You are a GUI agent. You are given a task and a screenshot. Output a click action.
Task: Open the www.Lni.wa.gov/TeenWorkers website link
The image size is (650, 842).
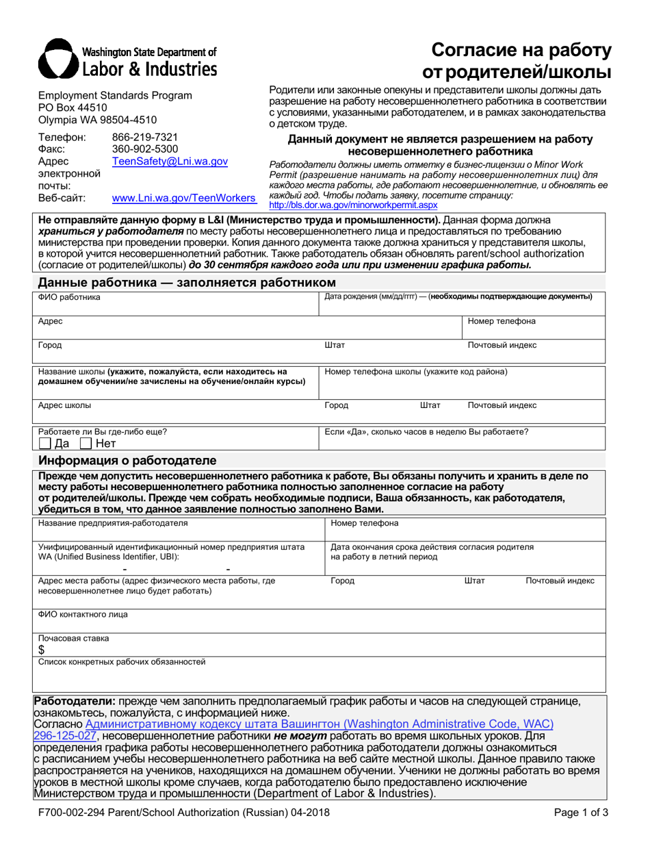point(183,199)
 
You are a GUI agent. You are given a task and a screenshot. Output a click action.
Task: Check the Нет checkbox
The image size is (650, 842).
point(86,444)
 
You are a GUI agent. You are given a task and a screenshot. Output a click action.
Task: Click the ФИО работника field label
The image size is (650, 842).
point(68,297)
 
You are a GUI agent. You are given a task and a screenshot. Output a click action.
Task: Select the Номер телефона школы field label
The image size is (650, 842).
point(415,372)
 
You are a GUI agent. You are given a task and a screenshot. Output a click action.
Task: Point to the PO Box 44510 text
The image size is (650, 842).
point(73,107)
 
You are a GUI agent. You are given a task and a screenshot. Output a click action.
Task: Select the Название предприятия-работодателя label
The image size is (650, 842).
point(112,524)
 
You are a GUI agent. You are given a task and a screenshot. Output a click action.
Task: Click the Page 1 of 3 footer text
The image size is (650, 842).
point(581,813)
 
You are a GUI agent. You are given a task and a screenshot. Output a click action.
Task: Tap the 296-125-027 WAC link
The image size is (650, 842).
point(65,736)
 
